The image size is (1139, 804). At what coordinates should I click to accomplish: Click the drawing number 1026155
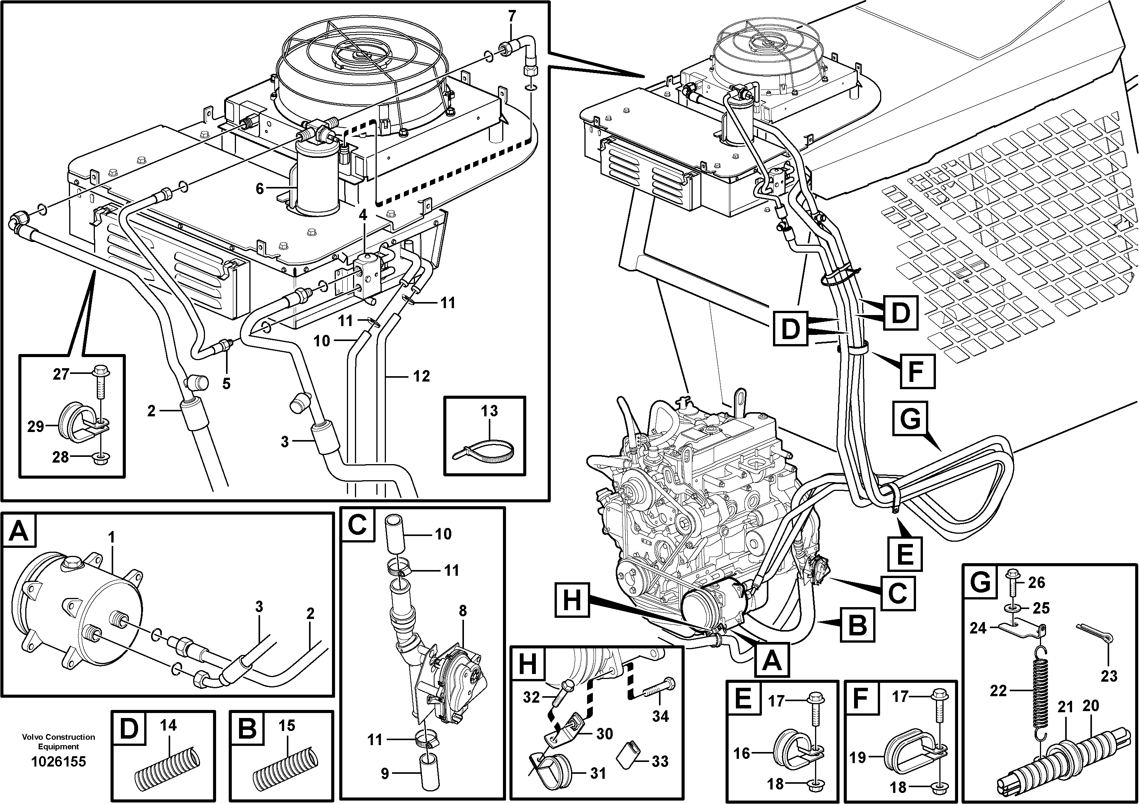[59, 761]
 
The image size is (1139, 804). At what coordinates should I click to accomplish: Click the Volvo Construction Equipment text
[59, 742]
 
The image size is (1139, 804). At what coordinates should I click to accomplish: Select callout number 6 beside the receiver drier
[259, 188]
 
